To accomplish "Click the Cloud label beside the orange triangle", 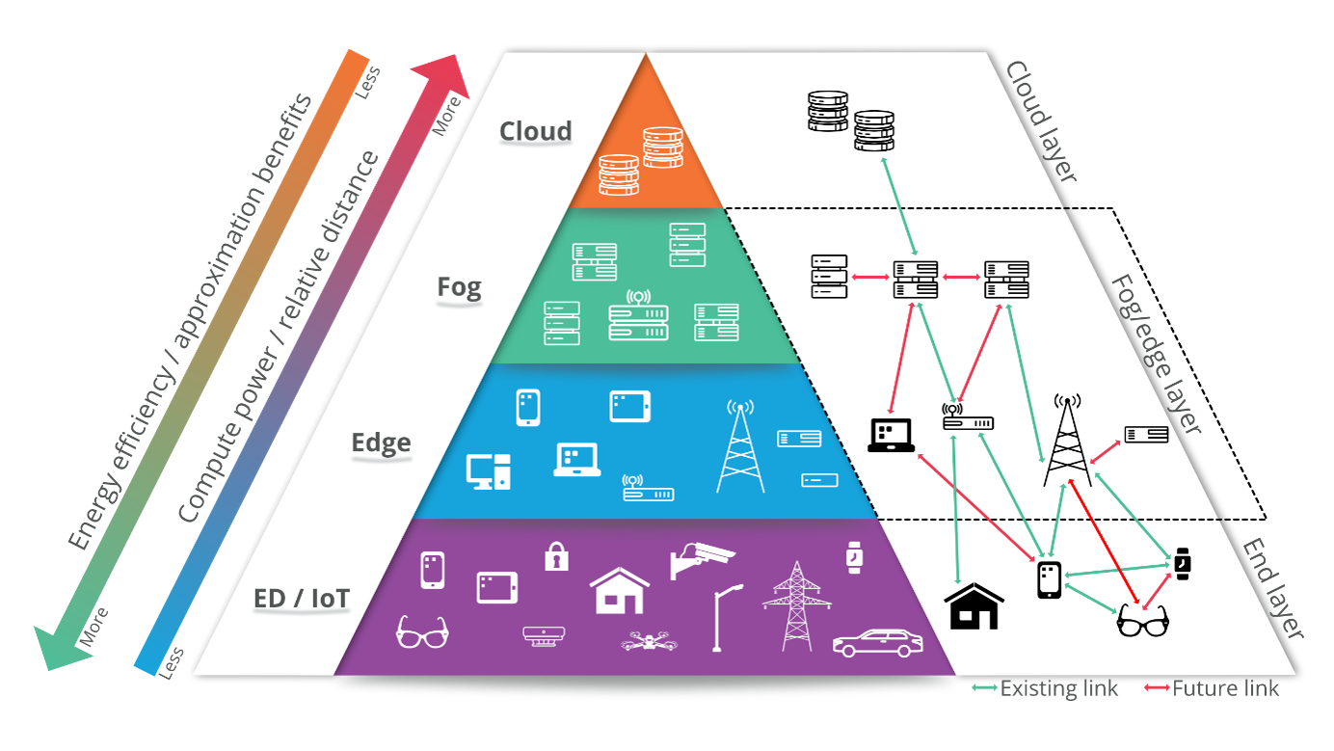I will (535, 131).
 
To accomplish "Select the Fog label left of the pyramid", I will (459, 287).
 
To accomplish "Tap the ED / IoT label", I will (302, 599).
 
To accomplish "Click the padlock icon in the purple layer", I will (556, 556).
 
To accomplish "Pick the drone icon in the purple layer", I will (645, 640).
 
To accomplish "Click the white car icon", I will (877, 643).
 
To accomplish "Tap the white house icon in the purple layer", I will (620, 590).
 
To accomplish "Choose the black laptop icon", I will (891, 435).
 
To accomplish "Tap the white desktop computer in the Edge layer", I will (488, 470).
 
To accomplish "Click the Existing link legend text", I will (1059, 688).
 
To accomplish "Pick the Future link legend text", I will (1225, 688).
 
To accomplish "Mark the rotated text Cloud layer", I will (1040, 121).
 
